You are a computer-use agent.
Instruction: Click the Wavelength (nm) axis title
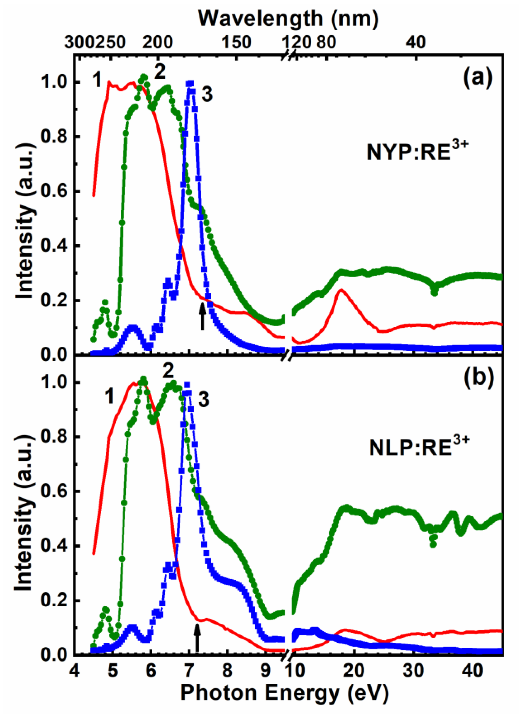(x=288, y=18)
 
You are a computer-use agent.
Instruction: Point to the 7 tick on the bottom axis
(x=189, y=670)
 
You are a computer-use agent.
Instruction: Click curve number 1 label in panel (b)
(x=109, y=397)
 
